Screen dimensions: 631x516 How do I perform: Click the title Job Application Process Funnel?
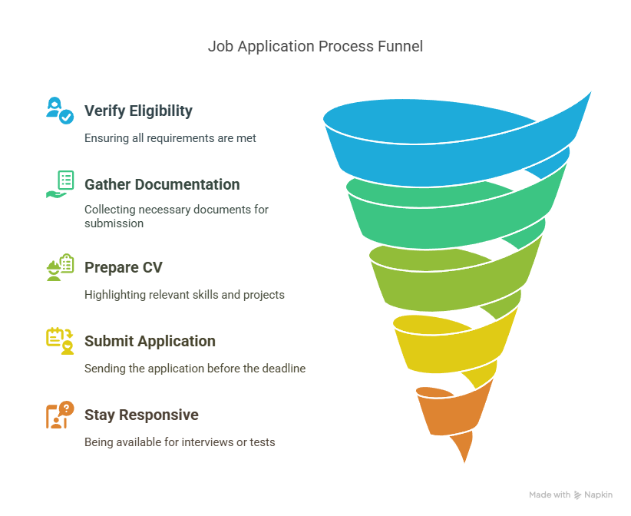[x=315, y=46]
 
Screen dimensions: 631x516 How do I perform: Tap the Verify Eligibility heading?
[x=138, y=111]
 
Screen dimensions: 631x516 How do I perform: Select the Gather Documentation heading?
[x=162, y=184]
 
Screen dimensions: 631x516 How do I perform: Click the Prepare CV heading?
[x=123, y=267]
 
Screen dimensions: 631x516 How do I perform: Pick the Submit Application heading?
[x=150, y=341]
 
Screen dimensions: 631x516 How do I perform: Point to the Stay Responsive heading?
[x=141, y=415]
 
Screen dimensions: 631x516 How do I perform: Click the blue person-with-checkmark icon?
[x=60, y=111]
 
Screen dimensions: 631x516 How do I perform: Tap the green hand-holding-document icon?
[x=60, y=184]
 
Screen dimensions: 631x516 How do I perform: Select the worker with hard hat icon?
[x=60, y=267]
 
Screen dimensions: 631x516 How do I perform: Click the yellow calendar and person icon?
[x=60, y=341]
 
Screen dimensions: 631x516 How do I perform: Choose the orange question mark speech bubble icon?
[x=60, y=415]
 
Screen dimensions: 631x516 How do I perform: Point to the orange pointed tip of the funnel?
[x=464, y=462]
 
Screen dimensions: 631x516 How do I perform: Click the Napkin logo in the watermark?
[x=577, y=495]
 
